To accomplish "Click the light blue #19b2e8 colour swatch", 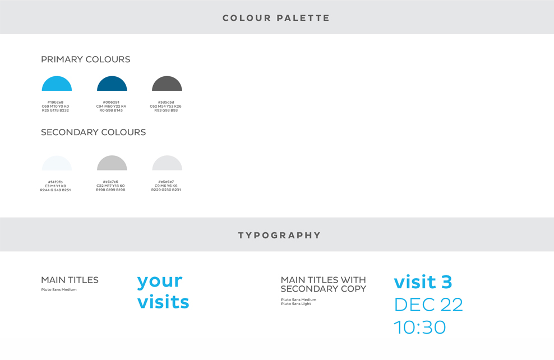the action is coord(57,85).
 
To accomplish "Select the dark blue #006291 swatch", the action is coord(112,85).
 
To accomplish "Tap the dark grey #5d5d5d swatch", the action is coord(167,85).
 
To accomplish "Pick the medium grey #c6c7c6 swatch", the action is coord(112,164).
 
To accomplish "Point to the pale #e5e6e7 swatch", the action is coord(167,164).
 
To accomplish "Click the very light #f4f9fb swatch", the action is coord(57,164).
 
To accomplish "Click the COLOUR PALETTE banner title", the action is coord(276,18).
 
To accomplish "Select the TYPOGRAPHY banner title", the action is coord(279,236).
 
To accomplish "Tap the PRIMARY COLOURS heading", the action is coord(85,59).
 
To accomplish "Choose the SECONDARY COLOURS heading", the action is coord(93,132).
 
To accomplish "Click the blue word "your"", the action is coord(160,282).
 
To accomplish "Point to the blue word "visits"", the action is coord(163,302).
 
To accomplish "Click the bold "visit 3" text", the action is coord(423,282).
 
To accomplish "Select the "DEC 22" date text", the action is coord(428,304).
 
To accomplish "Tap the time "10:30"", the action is coord(420,327).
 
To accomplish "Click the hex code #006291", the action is coord(111,103).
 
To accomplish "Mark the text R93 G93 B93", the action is coord(166,110).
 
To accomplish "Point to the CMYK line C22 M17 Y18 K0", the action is coord(110,186).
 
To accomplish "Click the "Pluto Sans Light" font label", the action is coord(296,304).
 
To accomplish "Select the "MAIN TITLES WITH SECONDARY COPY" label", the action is coord(324,284).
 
